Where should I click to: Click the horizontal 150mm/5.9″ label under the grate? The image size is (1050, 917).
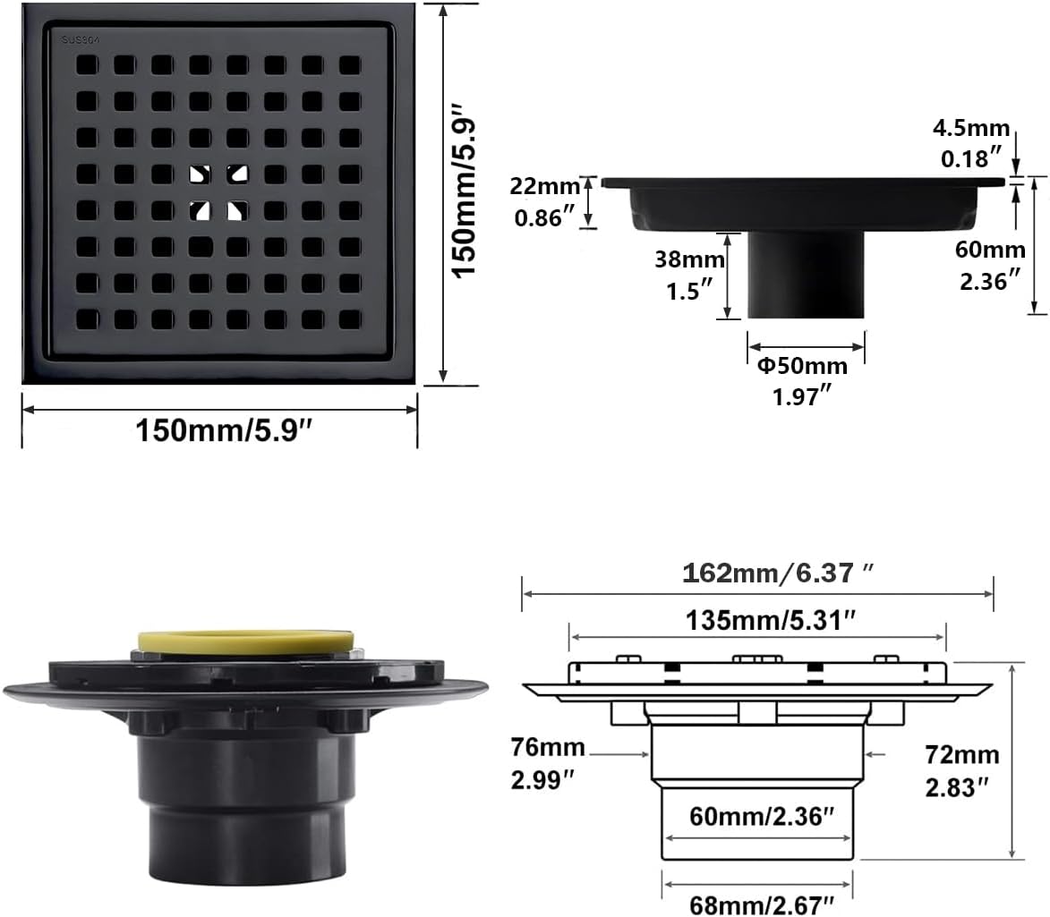[x=221, y=432]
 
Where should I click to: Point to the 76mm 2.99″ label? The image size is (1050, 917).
[x=549, y=763]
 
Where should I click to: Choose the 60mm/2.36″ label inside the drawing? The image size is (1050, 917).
[x=762, y=816]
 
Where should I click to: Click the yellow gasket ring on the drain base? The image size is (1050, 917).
[x=247, y=641]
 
